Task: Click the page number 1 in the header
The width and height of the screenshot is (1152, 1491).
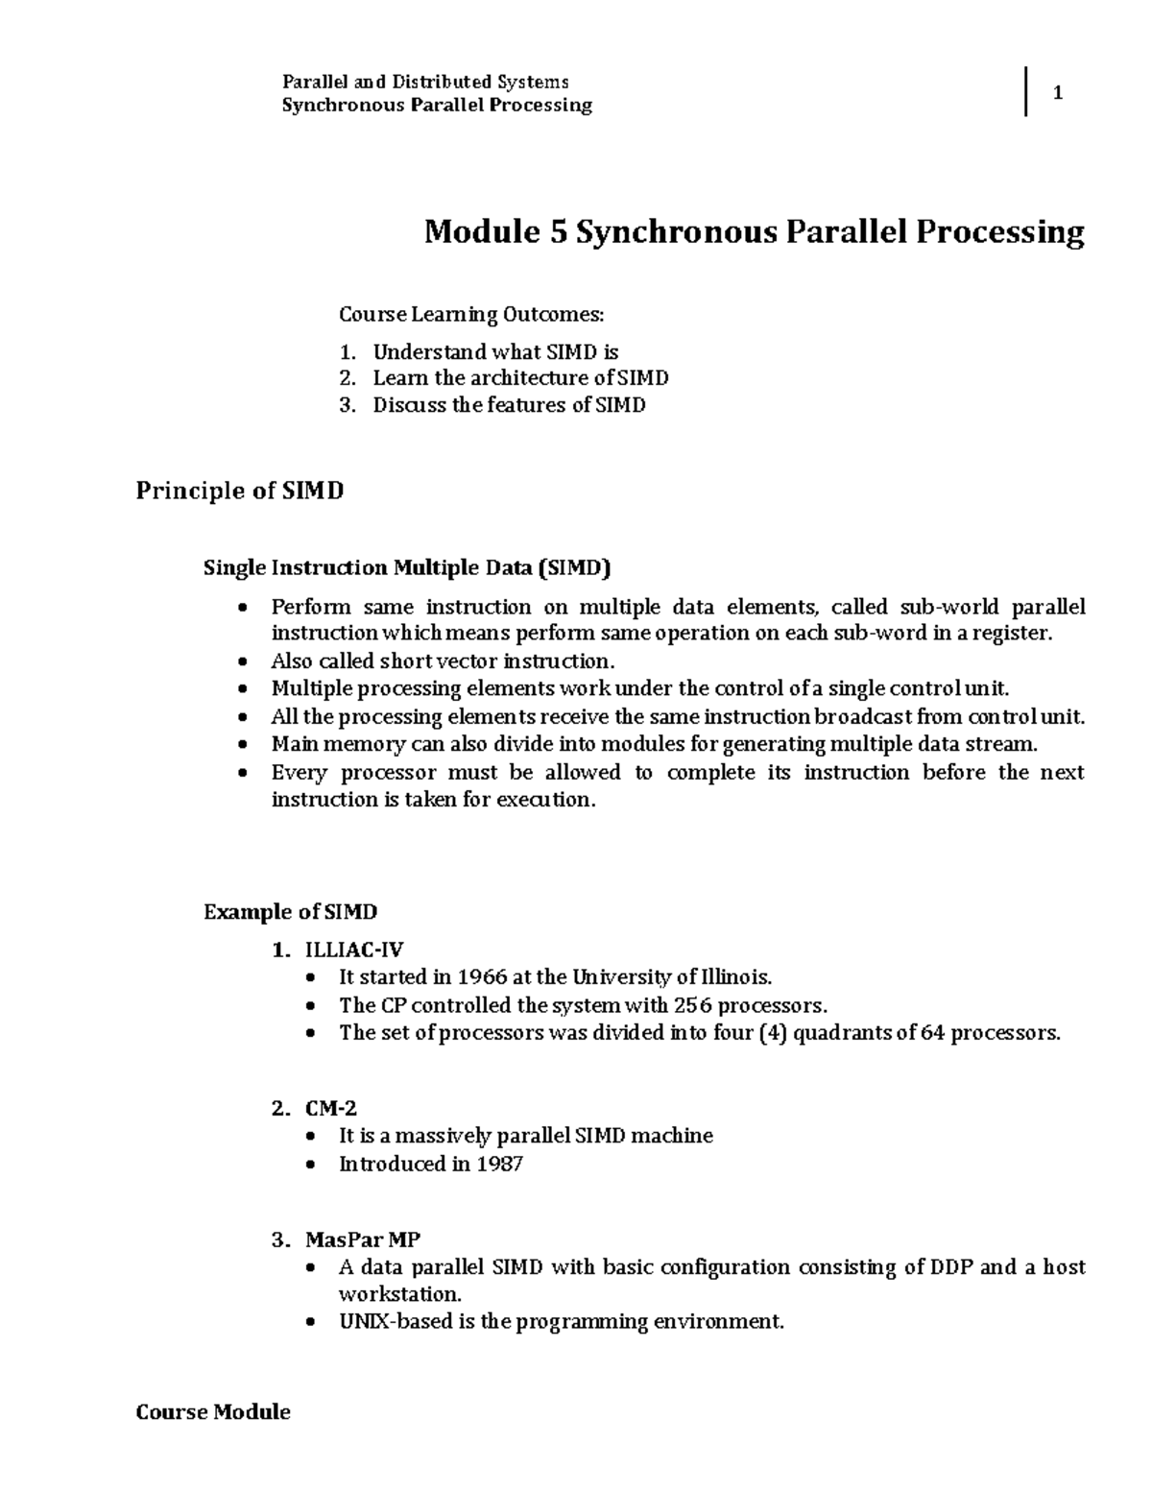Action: (x=1058, y=93)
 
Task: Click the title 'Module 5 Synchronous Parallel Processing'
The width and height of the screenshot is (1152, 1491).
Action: (x=755, y=231)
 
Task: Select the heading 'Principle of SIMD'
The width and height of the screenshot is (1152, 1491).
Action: (x=239, y=492)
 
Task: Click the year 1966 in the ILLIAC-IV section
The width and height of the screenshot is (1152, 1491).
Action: (x=482, y=977)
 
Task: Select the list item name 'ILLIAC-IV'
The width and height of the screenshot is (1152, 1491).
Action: (x=354, y=950)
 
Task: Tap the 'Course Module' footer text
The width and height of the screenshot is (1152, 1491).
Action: (x=213, y=1411)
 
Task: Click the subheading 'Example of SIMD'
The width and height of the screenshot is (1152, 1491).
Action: (x=291, y=911)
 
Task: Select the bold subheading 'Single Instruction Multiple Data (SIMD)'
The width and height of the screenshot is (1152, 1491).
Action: (x=407, y=567)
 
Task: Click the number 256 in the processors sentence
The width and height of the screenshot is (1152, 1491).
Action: (x=692, y=1005)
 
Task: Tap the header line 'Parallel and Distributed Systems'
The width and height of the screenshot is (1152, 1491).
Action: (x=424, y=82)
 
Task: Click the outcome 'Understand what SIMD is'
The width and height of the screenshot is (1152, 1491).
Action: (x=495, y=351)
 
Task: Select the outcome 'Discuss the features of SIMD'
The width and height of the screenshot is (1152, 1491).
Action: (x=509, y=405)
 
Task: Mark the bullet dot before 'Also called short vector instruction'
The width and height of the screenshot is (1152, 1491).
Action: (x=247, y=661)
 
